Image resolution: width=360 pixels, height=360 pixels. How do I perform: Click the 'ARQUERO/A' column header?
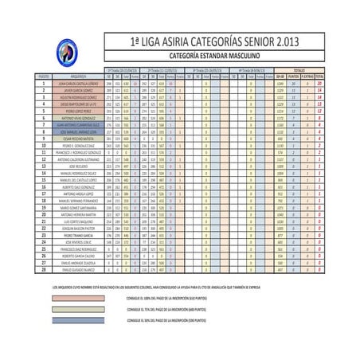point(77,76)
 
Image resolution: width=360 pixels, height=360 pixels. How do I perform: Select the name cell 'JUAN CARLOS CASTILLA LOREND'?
point(77,83)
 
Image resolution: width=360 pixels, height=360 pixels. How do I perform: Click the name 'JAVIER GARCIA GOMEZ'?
point(77,90)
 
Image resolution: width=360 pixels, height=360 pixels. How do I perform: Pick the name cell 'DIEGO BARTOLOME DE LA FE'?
point(77,103)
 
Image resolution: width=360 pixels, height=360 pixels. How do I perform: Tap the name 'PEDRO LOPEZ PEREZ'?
point(77,110)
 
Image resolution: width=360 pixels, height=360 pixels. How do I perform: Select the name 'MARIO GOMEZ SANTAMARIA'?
point(77,209)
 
